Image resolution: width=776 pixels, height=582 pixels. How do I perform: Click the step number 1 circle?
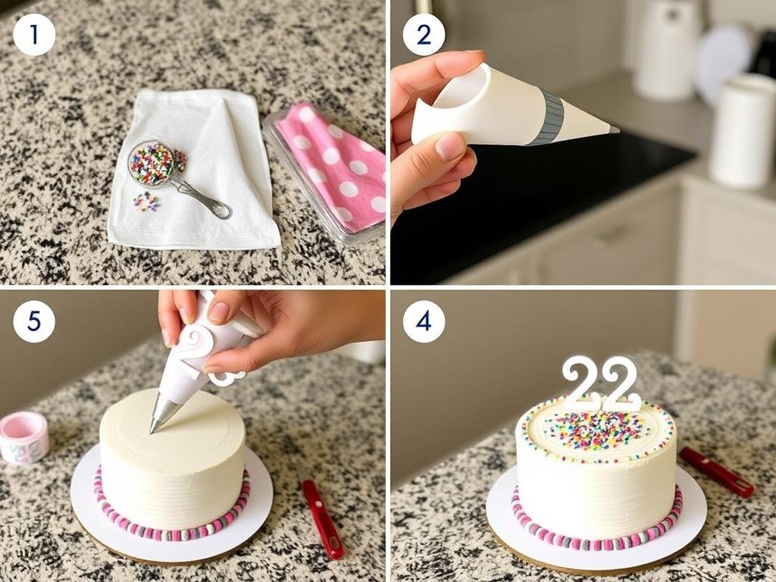coord(34,35)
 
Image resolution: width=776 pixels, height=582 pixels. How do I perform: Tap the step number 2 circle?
coord(424,35)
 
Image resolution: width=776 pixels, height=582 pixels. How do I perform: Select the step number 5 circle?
coord(34,321)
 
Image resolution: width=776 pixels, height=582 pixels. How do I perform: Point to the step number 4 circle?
coord(424,321)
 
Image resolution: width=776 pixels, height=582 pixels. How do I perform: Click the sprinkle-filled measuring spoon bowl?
coord(152,164)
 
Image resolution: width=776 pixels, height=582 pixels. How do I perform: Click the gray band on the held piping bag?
coord(546,118)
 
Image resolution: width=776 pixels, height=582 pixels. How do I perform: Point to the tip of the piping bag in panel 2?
coord(615,130)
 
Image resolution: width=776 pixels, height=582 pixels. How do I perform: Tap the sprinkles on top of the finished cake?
coord(595,430)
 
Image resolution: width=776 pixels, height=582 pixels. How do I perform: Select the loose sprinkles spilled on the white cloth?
coord(145,202)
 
